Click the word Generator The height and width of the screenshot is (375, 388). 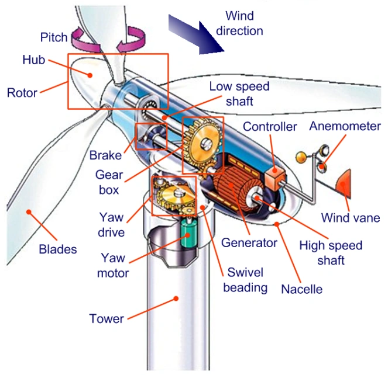click(249, 243)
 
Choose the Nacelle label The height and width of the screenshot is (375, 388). click(301, 289)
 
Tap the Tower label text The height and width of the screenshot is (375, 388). click(107, 318)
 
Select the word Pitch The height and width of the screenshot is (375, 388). click(54, 37)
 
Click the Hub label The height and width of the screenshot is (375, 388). click(34, 60)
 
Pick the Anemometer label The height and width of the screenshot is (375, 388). click(345, 126)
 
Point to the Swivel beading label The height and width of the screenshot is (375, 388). click(245, 280)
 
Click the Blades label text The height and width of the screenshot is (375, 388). click(58, 249)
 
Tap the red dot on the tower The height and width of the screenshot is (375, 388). click(176, 298)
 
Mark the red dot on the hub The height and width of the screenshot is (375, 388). click(90, 75)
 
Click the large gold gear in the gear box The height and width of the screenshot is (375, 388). click(204, 144)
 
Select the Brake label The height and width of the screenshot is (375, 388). click(106, 155)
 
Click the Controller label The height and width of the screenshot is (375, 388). click(270, 127)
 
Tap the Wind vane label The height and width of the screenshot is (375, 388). click(351, 218)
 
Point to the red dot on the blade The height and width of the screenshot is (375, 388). click(29, 212)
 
